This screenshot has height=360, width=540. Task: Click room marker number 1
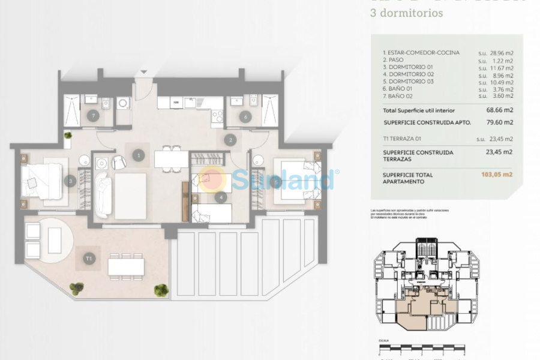pyautogui.click(x=139, y=155)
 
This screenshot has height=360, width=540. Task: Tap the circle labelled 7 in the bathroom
pyautogui.click(x=92, y=115)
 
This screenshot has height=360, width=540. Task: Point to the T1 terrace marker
pyautogui.click(x=89, y=259)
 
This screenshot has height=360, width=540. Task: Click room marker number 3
pyautogui.click(x=71, y=180)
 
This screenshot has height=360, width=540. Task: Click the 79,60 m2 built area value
pyautogui.click(x=500, y=122)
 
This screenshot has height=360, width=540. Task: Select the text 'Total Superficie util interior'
pyautogui.click(x=419, y=110)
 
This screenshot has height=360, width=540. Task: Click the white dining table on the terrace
pyautogui.click(x=126, y=266)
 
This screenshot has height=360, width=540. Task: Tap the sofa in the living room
pyautogui.click(x=101, y=194)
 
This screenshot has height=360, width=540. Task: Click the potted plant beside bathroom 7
pyautogui.click(x=68, y=136)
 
